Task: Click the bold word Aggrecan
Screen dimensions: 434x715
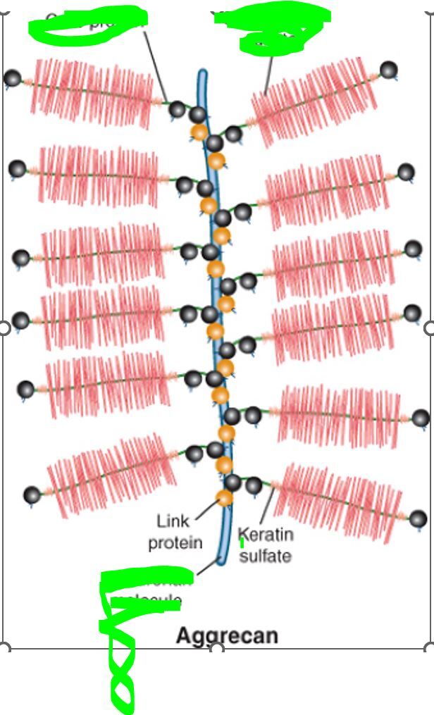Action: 226,635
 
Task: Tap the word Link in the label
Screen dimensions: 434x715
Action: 173,522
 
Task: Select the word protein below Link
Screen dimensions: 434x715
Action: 175,542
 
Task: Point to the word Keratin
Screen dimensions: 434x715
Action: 266,535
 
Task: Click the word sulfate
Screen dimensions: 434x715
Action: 265,556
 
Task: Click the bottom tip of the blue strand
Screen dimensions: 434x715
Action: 221,561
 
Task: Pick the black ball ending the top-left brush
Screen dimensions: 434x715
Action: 12,77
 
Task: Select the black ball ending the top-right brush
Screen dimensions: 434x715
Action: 388,69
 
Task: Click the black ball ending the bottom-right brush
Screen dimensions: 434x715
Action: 418,520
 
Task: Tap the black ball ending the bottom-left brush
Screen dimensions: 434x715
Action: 32,495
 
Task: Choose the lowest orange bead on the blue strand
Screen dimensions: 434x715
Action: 224,498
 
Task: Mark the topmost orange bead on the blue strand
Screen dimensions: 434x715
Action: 199,131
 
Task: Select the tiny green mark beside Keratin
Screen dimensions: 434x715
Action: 242,543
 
